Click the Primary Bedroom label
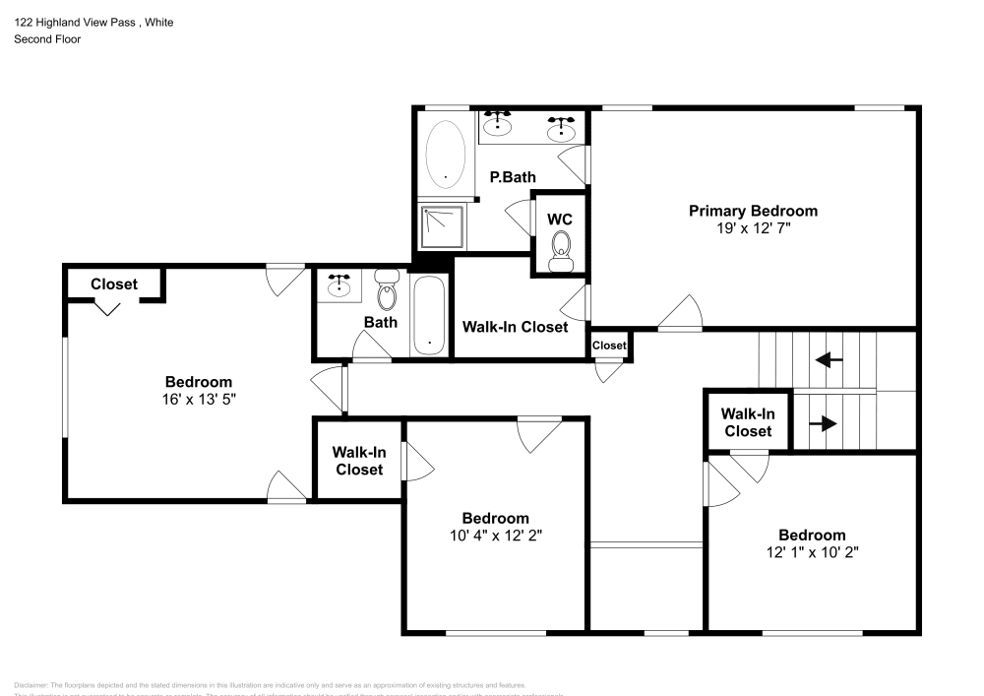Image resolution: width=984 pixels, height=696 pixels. tap(753, 211)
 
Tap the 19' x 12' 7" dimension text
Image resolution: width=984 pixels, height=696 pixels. tap(753, 227)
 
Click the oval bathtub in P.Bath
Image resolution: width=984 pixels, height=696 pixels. tap(446, 156)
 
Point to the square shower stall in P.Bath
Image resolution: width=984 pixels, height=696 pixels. tap(442, 227)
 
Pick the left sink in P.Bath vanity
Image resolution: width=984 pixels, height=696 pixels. tap(500, 122)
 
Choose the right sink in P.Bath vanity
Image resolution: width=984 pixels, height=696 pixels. tap(561, 128)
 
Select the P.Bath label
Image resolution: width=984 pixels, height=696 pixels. tap(513, 177)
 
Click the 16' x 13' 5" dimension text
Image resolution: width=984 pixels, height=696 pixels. tap(198, 399)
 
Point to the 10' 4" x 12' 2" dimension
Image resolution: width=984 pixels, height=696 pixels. tap(496, 535)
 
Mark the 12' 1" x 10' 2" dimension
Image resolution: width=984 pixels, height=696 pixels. tap(812, 551)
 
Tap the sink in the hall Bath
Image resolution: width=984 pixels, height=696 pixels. tap(340, 285)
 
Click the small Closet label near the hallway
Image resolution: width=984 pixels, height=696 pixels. tap(609, 346)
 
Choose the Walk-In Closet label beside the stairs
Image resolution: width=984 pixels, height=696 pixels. tap(748, 422)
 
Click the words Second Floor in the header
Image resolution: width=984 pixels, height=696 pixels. tap(47, 39)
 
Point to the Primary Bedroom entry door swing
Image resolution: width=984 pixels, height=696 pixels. tap(682, 315)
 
